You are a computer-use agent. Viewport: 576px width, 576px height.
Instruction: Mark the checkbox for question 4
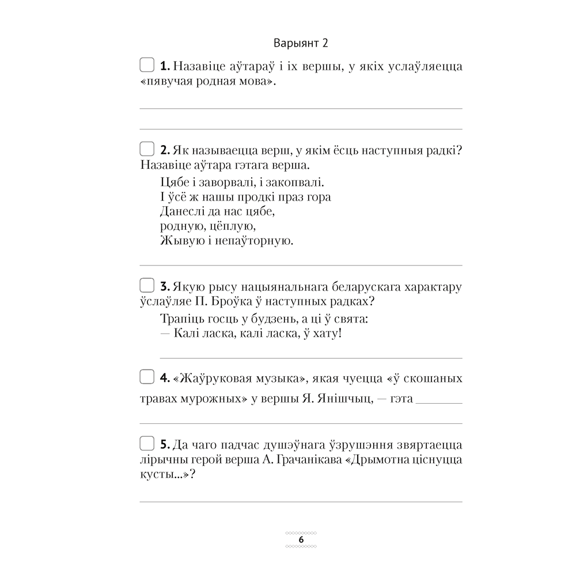[x=147, y=377]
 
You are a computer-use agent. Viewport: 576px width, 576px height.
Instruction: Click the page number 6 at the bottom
[x=301, y=540]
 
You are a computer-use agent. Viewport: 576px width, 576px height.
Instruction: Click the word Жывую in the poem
[x=176, y=240]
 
